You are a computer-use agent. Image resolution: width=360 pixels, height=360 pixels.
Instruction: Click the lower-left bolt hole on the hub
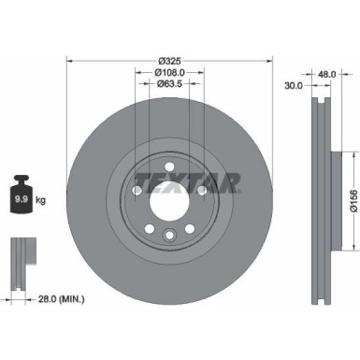(x=148, y=225)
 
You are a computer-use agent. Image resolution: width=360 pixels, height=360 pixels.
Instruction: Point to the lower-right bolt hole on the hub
(x=189, y=225)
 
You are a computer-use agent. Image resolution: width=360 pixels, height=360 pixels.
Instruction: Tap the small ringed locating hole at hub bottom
(x=168, y=236)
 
